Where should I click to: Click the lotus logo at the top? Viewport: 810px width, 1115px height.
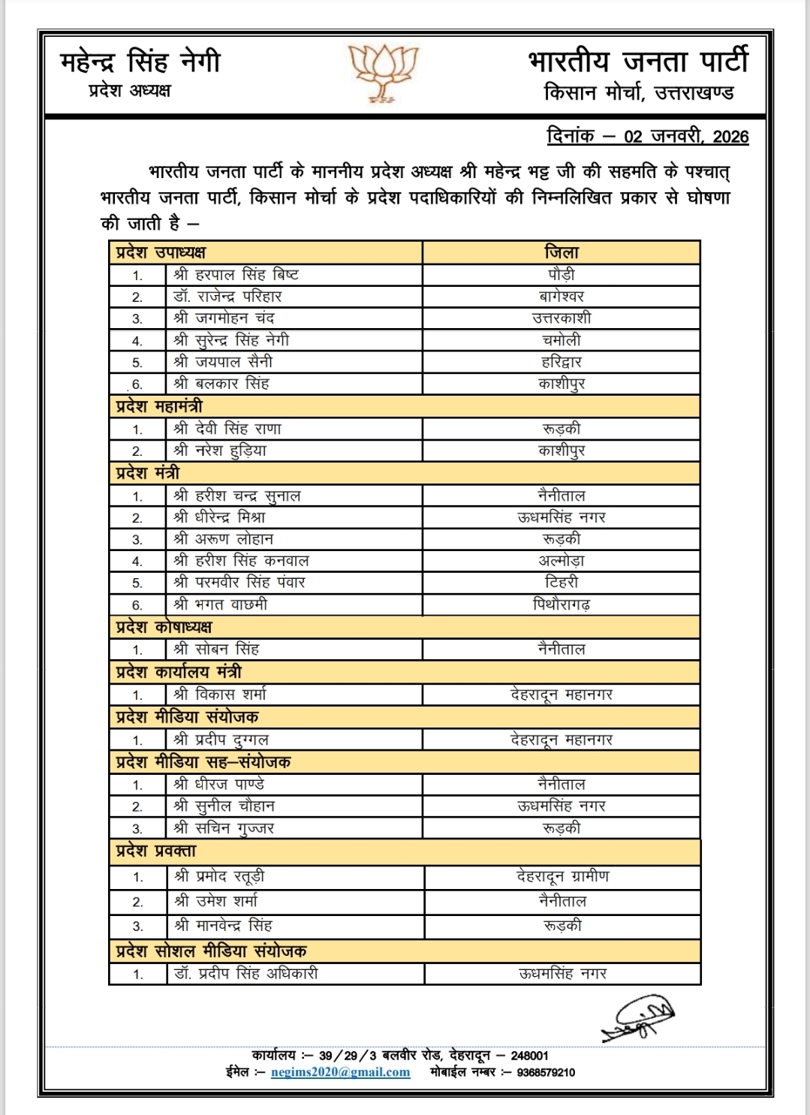point(384,71)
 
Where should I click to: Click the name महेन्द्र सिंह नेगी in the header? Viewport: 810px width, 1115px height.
point(140,62)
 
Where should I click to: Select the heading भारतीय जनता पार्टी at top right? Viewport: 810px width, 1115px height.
point(638,62)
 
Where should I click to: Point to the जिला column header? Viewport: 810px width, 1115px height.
point(562,252)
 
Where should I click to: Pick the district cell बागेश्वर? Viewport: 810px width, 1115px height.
point(562,297)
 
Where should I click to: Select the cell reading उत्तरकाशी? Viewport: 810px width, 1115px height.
point(562,318)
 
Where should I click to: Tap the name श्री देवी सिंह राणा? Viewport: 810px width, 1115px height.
point(227,429)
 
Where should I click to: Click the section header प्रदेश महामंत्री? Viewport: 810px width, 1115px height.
point(159,406)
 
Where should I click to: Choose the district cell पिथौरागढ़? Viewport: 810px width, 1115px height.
point(562,604)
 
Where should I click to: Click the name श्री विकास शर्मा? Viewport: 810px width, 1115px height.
point(220,695)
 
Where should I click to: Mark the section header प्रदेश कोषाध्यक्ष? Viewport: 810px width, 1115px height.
point(164,627)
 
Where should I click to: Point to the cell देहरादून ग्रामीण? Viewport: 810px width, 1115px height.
point(563,876)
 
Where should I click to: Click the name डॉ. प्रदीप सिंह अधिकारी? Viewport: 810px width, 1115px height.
point(246,973)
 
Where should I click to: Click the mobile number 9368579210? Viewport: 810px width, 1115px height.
point(546,1072)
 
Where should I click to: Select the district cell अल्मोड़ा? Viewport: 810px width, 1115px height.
point(562,561)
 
